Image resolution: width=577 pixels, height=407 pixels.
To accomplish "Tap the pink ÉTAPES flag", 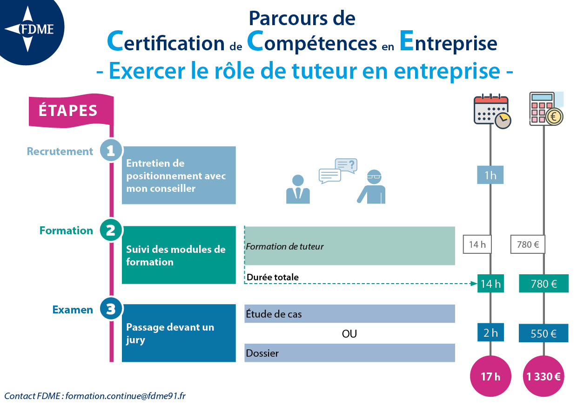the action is [x=71, y=110].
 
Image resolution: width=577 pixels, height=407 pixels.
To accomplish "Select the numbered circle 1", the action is [x=111, y=150].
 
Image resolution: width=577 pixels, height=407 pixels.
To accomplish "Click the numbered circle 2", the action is [x=111, y=230].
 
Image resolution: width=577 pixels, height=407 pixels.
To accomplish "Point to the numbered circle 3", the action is [x=111, y=309].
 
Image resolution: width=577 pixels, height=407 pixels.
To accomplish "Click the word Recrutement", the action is [x=60, y=151].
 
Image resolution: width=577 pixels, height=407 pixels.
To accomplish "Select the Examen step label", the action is [x=73, y=310].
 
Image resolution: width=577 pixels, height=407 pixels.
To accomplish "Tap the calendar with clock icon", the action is [x=492, y=111].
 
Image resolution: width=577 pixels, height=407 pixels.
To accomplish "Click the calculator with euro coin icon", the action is [x=546, y=109].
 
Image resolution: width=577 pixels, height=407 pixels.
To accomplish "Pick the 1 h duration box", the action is [x=490, y=175].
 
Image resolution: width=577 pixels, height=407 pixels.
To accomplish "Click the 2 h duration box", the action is [x=490, y=332].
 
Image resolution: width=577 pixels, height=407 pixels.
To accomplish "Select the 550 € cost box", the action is [x=543, y=333].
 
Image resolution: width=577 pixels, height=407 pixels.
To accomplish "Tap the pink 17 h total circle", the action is [x=490, y=376].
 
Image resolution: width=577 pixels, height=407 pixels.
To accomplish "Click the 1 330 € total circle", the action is [x=543, y=376].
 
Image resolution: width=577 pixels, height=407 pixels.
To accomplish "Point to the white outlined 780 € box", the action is [x=528, y=244].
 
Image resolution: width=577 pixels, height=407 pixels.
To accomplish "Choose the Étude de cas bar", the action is [x=349, y=314].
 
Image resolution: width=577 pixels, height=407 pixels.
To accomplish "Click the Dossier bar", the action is [x=349, y=353].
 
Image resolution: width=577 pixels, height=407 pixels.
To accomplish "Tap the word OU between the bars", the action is [x=349, y=334].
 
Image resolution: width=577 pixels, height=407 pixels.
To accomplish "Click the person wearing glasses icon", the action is [x=371, y=187].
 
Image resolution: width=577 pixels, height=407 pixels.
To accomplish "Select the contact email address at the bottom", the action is [x=126, y=396].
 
